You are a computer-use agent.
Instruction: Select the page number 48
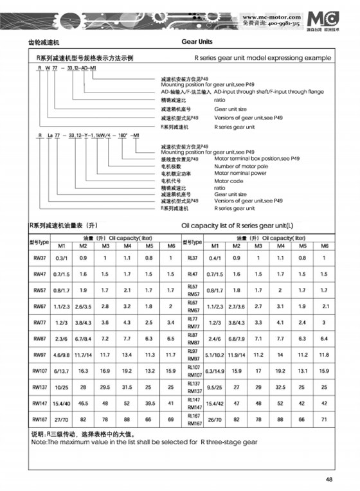coord(328,478)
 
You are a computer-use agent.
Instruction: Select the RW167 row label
coord(40,419)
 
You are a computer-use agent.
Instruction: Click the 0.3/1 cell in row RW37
coord(62,258)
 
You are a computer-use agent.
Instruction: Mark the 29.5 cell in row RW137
coord(105,387)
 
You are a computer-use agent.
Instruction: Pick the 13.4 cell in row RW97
coord(127,355)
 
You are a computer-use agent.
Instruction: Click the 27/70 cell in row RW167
coord(62,419)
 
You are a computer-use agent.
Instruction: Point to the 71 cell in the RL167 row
coord(325,419)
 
